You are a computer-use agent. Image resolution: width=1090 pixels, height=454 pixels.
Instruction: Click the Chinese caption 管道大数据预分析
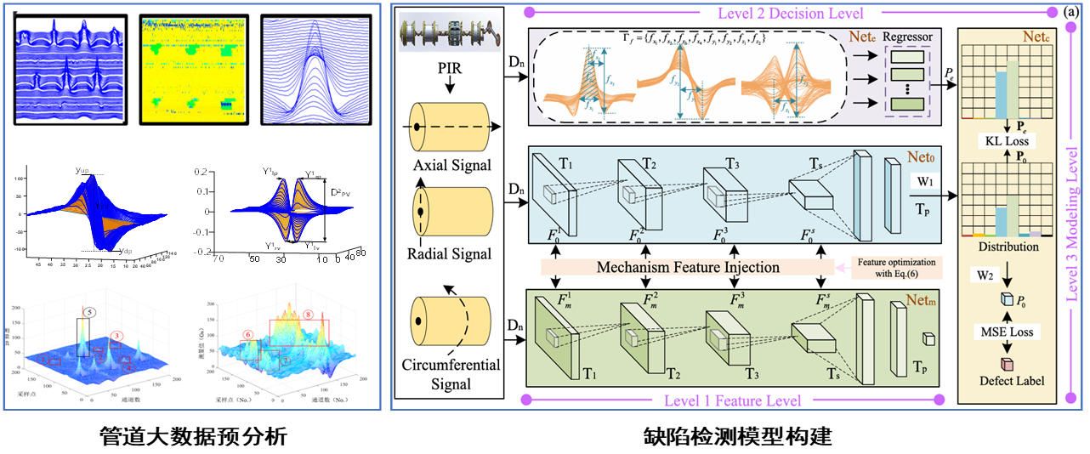click(193, 437)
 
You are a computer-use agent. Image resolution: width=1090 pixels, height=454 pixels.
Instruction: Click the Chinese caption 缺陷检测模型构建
click(737, 437)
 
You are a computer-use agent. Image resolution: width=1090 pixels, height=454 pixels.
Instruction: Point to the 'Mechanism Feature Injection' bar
click(688, 267)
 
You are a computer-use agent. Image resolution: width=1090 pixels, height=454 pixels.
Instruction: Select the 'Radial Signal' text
click(449, 253)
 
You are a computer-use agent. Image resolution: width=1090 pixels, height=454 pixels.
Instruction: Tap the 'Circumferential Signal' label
click(451, 375)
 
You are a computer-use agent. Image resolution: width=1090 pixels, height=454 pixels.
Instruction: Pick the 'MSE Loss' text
click(1009, 332)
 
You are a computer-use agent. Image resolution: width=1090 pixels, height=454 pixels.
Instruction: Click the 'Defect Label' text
click(1009, 380)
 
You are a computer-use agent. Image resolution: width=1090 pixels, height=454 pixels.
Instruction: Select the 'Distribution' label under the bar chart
click(1009, 247)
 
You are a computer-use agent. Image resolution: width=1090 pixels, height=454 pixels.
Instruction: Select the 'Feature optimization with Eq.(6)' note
click(897, 267)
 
